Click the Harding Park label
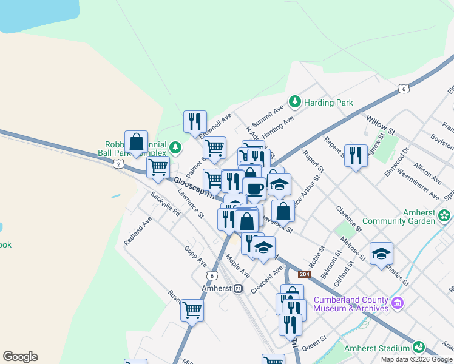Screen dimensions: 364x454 coord(328,103)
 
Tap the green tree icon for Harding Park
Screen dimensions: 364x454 coord(294,101)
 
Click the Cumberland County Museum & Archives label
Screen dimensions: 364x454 coord(351,304)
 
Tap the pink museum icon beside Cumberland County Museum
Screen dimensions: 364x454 coord(398,302)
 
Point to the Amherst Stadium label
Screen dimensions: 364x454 coord(377,348)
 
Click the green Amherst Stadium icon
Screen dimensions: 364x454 coord(418,347)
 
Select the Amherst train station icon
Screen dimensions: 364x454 coord(239,288)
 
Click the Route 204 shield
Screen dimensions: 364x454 coord(305,275)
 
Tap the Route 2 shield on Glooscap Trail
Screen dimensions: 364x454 coord(118,164)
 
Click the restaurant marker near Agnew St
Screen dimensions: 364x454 coord(356,155)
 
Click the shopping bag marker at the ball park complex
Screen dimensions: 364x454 coord(137,142)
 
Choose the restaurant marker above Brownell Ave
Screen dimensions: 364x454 coord(195,121)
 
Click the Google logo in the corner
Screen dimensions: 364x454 coord(20,357)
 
